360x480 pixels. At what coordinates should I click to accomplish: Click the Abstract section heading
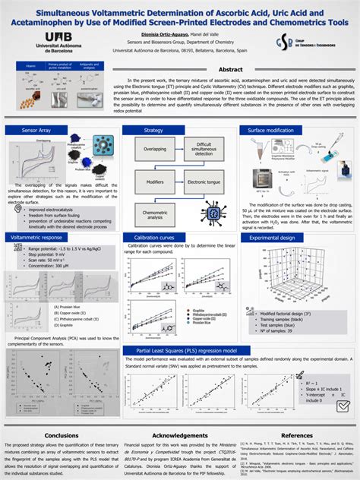pyautogui.click(x=230, y=69)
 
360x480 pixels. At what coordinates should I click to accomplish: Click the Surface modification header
pyautogui.click(x=270, y=131)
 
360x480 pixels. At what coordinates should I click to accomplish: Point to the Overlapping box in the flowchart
pyautogui.click(x=154, y=150)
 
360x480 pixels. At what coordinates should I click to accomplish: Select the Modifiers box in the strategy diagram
pyautogui.click(x=154, y=182)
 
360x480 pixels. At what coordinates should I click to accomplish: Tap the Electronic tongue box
pyautogui.click(x=203, y=182)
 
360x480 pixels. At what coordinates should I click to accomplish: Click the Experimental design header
pyautogui.click(x=272, y=238)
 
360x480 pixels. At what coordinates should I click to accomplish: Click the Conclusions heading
pyautogui.click(x=62, y=434)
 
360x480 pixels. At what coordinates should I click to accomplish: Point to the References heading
pyautogui.click(x=296, y=434)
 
